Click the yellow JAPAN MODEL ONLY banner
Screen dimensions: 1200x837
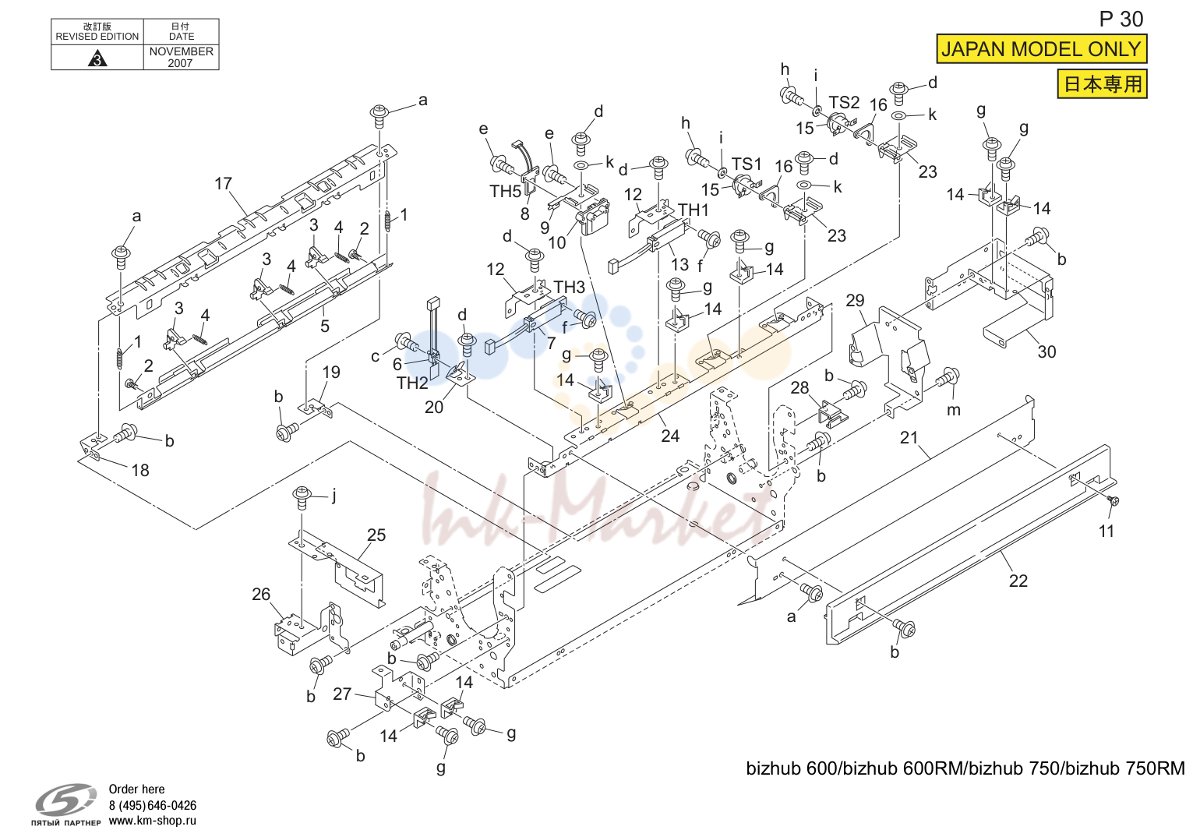1041,49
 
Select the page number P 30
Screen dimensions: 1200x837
1121,19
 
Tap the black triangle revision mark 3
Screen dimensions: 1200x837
97,58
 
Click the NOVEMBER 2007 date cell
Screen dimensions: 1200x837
181,57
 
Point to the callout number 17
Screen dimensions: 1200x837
223,184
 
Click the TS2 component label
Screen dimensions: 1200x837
844,102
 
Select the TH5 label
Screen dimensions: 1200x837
505,191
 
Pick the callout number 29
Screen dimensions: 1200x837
855,300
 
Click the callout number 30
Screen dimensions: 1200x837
1046,352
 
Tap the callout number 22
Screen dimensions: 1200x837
1018,581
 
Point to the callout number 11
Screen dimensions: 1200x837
1106,531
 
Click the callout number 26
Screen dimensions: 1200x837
261,595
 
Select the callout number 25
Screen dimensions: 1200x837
376,535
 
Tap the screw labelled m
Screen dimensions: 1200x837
948,378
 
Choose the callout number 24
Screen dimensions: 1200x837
669,436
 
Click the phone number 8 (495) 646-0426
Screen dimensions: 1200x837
153,805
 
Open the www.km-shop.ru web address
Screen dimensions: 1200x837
153,821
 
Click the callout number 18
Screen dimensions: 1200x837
139,471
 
